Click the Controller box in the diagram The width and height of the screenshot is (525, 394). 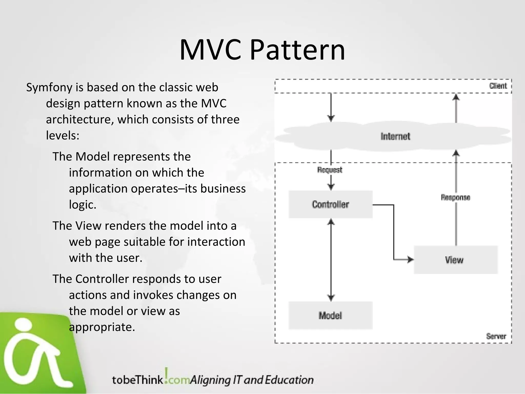(330, 204)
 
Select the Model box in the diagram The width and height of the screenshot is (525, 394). (330, 315)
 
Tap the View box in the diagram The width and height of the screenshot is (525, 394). (455, 260)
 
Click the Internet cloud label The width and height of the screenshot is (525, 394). (395, 136)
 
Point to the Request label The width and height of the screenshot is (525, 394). (330, 170)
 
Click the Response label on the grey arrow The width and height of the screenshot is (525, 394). (455, 197)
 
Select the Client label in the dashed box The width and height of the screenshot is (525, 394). (498, 86)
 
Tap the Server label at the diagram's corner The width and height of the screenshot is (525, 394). (496, 336)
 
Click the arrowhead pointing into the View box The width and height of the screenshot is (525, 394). (410, 260)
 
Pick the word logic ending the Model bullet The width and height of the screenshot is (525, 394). (82, 205)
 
